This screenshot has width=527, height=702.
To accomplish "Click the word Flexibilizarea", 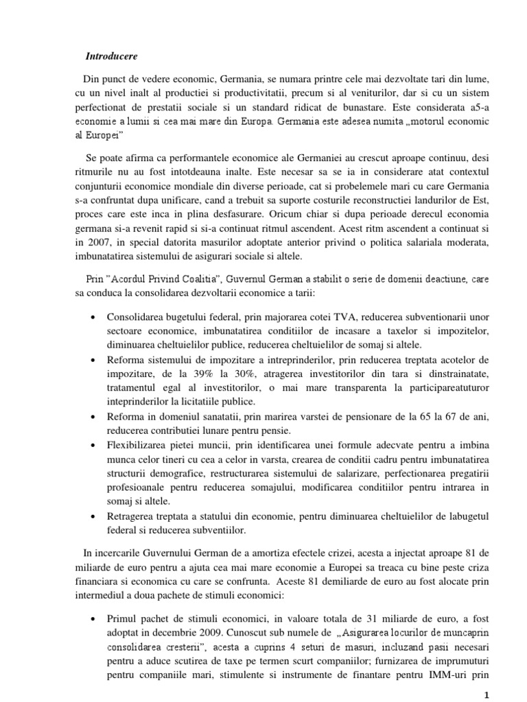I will (x=140, y=446).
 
